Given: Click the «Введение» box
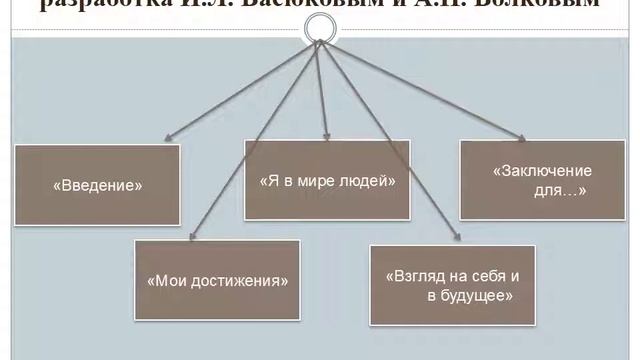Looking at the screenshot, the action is pos(97,185).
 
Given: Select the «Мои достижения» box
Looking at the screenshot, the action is pos(217,280).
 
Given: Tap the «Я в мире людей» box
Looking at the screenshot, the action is pos(328,181).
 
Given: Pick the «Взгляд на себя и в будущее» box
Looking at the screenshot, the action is pos(452,285).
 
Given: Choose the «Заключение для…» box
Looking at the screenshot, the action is pos(542,180).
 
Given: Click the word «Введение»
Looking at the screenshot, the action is pos(97,185).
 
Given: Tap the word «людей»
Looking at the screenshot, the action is pos(371,181).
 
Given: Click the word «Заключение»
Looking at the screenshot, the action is pos(542,171).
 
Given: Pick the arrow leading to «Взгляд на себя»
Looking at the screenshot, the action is pos(390,140).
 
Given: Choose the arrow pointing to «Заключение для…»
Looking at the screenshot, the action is pos(420,90).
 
